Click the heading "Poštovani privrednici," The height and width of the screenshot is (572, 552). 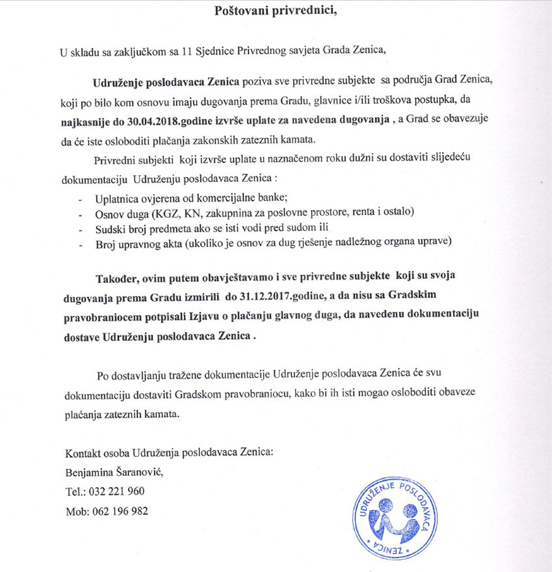(276, 12)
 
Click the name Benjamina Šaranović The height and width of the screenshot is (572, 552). (115, 472)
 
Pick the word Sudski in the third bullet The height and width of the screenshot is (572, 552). (110, 227)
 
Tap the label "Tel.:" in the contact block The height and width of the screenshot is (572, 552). (75, 492)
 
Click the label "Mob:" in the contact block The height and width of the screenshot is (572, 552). (77, 511)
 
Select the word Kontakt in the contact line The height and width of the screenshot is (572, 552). (84, 453)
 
